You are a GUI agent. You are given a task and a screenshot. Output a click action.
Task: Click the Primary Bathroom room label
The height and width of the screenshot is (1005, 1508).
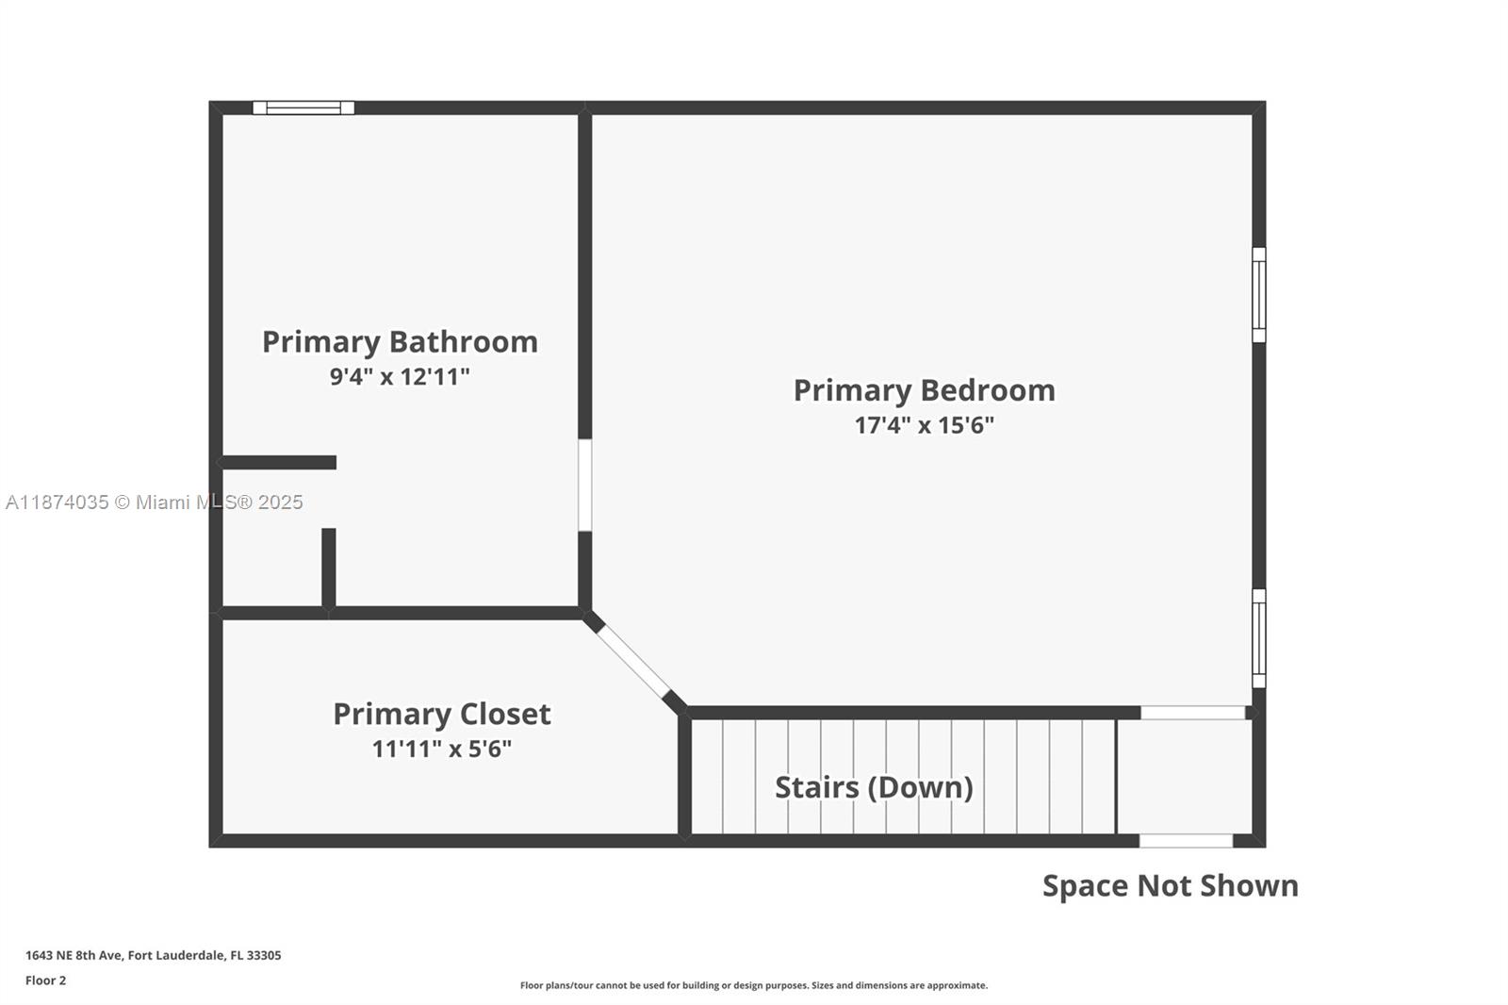(x=400, y=342)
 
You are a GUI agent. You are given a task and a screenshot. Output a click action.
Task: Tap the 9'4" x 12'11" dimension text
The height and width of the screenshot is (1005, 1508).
(x=400, y=376)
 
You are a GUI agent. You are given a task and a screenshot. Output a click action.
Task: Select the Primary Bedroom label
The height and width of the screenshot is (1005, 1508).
(x=925, y=390)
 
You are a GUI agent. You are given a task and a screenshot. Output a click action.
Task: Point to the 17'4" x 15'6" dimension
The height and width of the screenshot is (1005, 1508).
(x=925, y=425)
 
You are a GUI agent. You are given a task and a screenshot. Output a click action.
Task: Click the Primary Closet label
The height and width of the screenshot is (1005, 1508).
(x=442, y=714)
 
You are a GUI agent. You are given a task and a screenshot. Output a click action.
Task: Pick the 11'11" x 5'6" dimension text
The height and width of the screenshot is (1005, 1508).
(x=442, y=749)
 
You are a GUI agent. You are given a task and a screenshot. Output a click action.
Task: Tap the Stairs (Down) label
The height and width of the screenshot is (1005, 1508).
(x=874, y=787)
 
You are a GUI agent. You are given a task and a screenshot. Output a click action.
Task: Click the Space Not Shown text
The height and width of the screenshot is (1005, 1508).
(x=1171, y=886)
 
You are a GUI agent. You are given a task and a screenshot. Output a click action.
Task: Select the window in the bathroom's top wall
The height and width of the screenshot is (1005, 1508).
(x=303, y=107)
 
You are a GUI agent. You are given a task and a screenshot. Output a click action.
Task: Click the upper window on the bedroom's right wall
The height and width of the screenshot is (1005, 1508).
(x=1259, y=295)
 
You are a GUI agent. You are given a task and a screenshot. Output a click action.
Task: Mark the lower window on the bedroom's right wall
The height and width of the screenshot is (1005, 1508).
(x=1259, y=638)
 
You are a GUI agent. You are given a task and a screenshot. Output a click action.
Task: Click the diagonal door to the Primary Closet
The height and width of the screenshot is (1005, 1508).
(x=633, y=663)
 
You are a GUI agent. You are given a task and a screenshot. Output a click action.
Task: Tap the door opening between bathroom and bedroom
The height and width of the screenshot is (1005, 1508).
(x=585, y=485)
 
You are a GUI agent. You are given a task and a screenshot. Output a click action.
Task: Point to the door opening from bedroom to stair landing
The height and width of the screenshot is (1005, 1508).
(x=1193, y=713)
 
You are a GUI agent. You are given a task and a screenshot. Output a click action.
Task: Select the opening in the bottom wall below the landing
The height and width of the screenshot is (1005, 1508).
(x=1187, y=841)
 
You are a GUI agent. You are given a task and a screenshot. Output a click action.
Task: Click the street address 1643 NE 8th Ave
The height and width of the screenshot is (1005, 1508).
(x=74, y=955)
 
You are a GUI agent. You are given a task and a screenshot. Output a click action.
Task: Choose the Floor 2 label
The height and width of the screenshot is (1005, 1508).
(x=46, y=980)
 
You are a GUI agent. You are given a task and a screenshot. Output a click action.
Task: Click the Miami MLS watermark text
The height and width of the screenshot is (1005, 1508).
(x=155, y=502)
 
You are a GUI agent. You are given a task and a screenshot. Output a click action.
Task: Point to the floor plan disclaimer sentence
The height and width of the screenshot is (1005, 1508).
(x=754, y=985)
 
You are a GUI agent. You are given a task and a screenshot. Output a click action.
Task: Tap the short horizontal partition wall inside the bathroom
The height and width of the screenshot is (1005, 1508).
(x=278, y=462)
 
